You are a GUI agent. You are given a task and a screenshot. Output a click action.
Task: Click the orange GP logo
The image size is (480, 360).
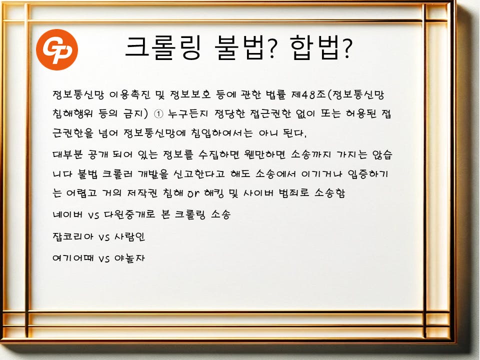pyautogui.click(x=57, y=50)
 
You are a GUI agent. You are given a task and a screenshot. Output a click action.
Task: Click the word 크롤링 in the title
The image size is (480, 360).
pyautogui.click(x=163, y=48)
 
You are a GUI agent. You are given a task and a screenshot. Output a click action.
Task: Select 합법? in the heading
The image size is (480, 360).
pyautogui.click(x=321, y=48)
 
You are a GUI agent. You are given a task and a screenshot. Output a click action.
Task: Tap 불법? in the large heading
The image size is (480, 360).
pyautogui.click(x=245, y=48)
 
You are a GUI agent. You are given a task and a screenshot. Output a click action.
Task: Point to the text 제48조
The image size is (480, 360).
pyautogui.click(x=308, y=94)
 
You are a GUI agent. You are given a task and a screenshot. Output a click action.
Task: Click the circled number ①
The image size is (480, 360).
pyautogui.click(x=158, y=114)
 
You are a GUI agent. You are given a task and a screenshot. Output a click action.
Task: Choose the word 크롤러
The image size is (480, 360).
pyautogui.click(x=117, y=174)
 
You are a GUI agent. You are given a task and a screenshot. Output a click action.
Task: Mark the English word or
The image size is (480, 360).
pyautogui.click(x=193, y=193)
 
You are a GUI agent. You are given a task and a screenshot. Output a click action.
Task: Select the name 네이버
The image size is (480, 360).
pyautogui.click(x=67, y=214)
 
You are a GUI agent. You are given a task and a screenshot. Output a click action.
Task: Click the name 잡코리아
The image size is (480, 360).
pyautogui.click(x=73, y=236)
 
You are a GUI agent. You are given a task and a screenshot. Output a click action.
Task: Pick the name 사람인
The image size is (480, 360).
pyautogui.click(x=129, y=236)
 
